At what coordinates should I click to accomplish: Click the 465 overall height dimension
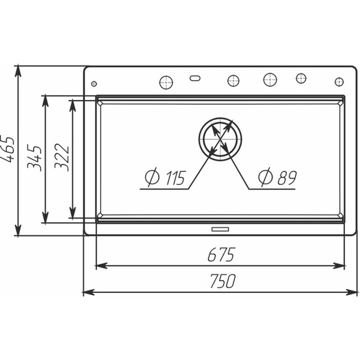point(7,150)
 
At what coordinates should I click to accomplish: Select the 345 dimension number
point(34,158)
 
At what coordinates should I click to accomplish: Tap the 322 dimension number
point(61,158)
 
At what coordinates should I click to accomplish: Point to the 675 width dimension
point(222,254)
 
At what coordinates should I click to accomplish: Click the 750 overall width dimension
point(223,281)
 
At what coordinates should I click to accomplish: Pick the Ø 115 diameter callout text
point(165,178)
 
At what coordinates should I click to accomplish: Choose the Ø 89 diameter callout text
point(277,177)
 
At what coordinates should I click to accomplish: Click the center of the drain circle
point(220,140)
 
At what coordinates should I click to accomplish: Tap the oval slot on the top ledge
point(195,78)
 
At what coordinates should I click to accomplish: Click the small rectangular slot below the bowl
point(220,229)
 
